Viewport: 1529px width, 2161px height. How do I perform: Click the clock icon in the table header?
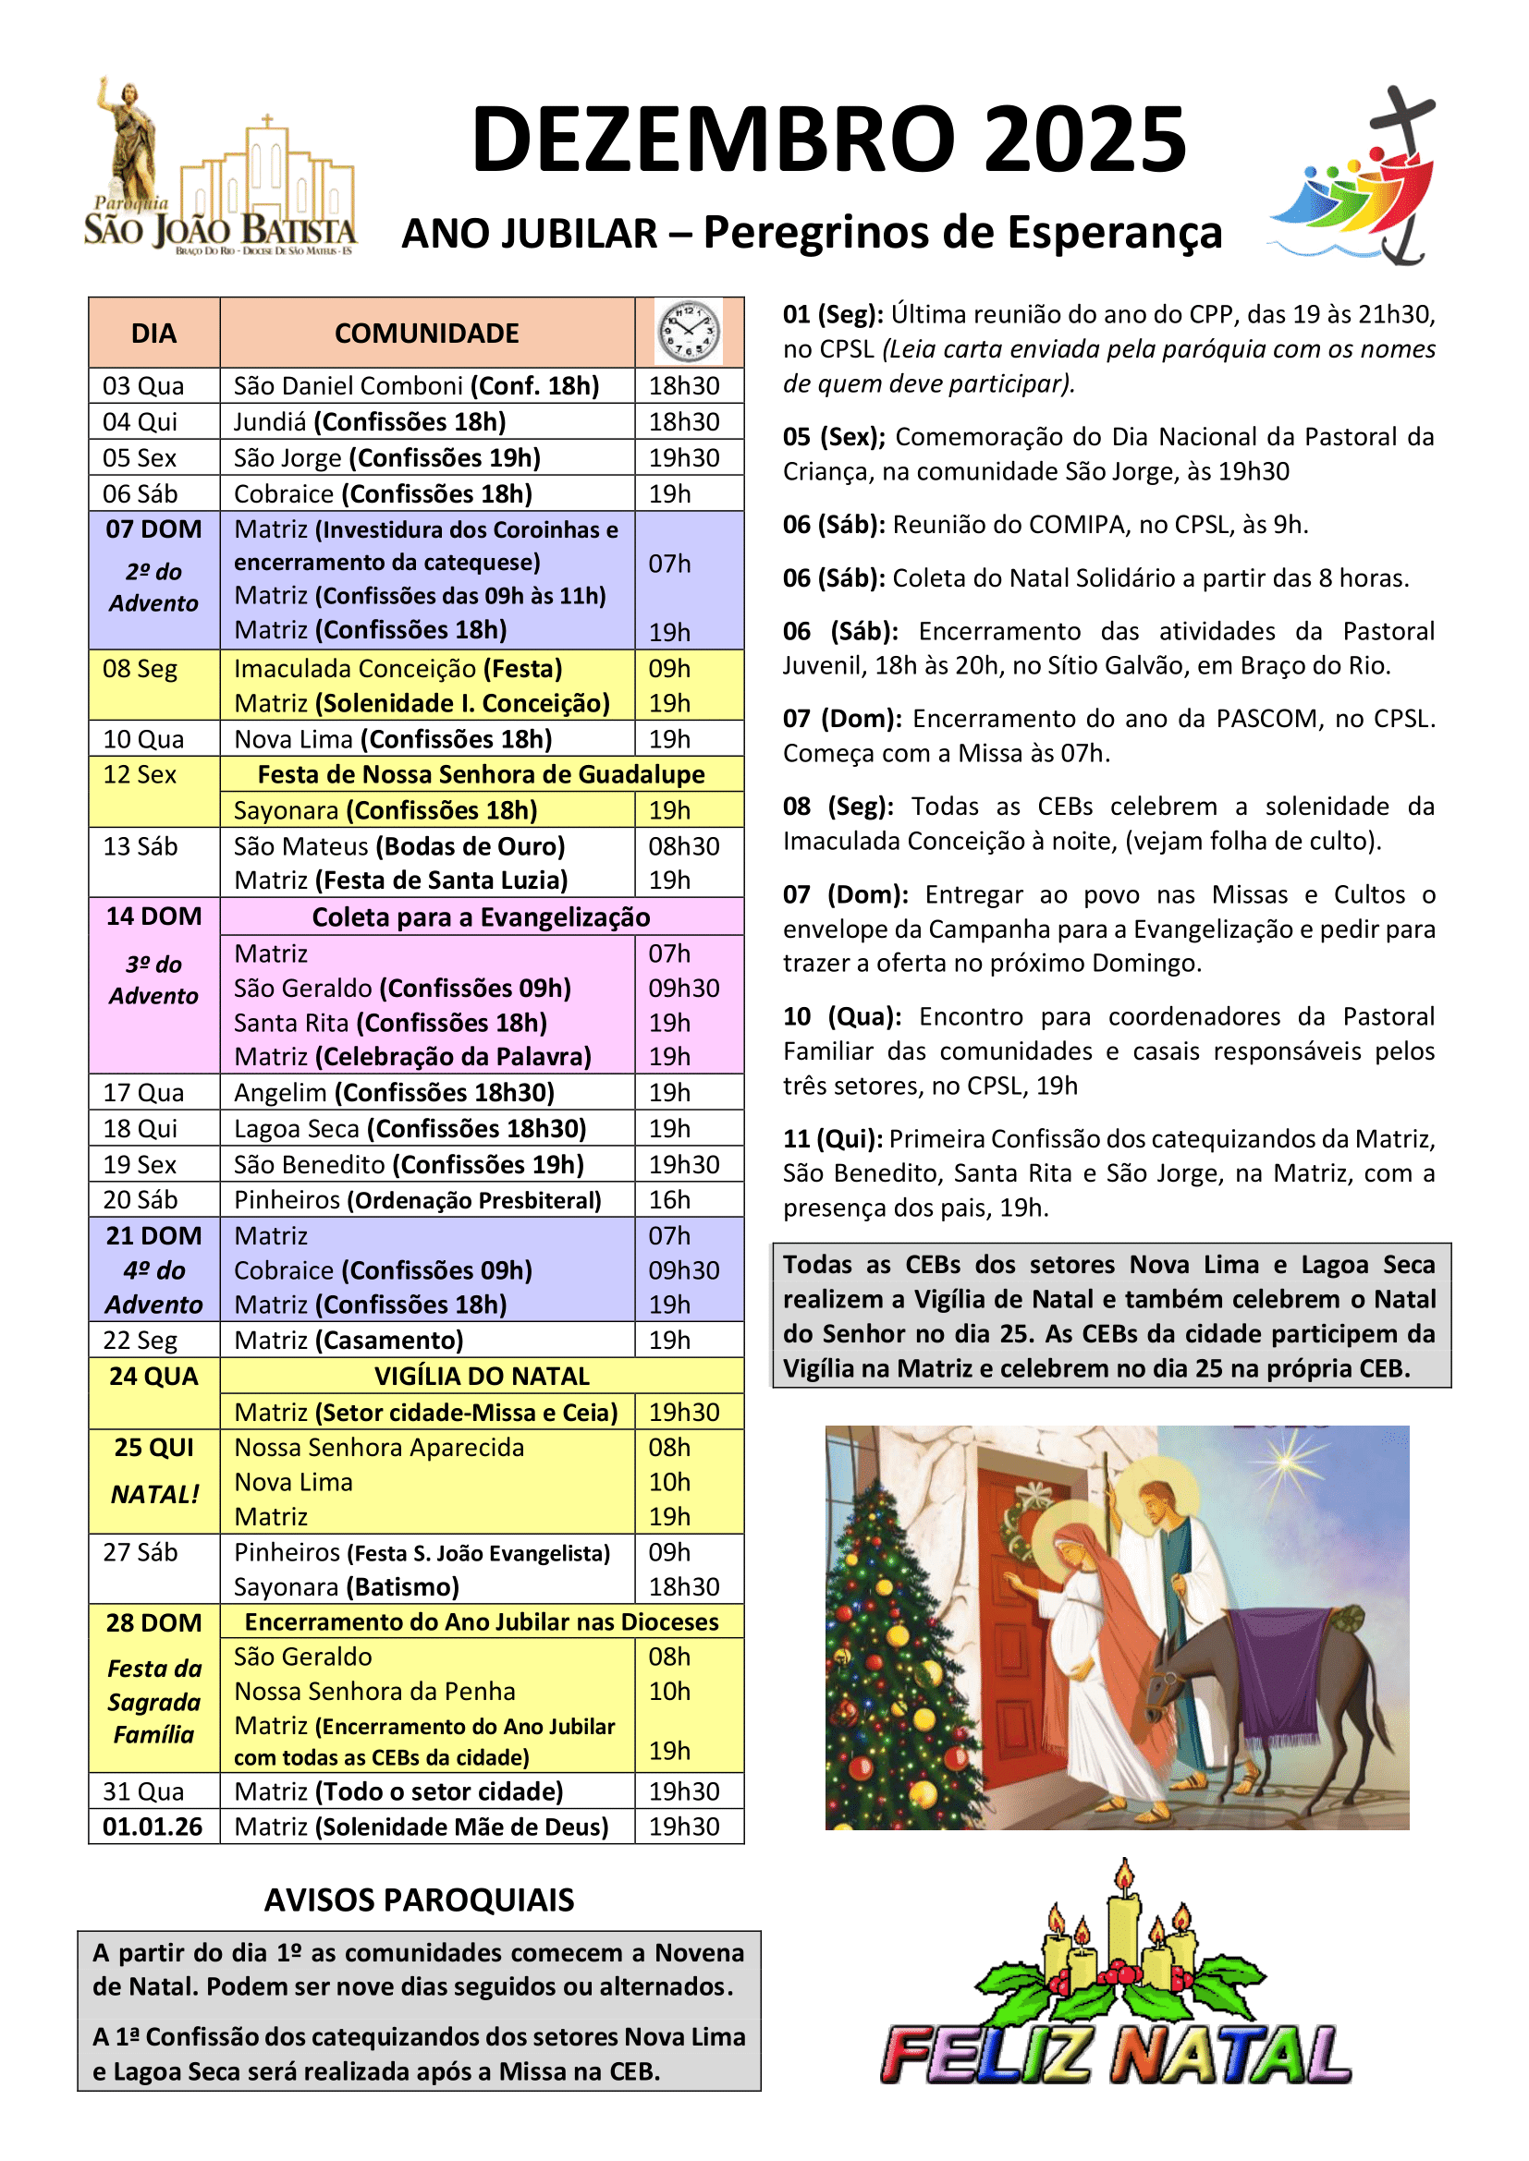coord(689,333)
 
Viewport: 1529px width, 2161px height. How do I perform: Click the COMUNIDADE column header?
coord(426,334)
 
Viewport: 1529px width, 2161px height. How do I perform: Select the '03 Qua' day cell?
coord(143,386)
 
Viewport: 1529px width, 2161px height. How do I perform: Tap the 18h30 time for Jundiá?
coord(683,421)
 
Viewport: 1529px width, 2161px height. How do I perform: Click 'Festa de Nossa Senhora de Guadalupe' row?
coord(481,774)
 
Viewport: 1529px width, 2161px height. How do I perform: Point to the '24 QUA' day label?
coord(153,1376)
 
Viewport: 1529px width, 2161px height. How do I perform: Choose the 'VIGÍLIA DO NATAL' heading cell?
coord(481,1376)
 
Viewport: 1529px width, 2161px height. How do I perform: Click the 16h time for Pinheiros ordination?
coord(669,1200)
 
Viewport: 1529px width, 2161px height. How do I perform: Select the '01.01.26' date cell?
coord(153,1827)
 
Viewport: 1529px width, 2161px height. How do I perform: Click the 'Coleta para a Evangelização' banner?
coord(481,917)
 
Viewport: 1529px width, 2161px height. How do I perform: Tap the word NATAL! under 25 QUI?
coord(155,1495)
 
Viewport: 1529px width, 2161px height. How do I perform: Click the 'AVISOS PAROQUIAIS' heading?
coord(419,1900)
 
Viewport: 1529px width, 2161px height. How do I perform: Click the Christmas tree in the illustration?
coord(889,1666)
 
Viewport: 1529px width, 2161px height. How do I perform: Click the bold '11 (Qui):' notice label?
coord(832,1139)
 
